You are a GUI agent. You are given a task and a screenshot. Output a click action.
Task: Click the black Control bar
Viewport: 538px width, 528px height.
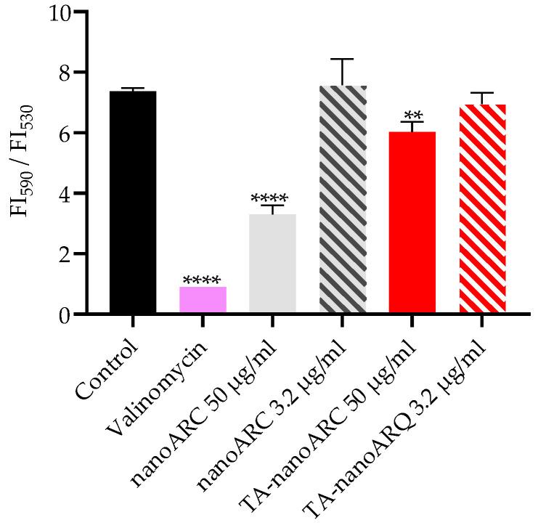point(133,203)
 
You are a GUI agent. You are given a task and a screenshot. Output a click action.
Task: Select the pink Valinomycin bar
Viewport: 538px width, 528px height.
point(203,300)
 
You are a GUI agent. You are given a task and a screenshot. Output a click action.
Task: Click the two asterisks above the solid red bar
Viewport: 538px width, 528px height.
point(412,115)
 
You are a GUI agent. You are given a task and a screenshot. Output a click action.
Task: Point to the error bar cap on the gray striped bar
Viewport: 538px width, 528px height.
point(343,59)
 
